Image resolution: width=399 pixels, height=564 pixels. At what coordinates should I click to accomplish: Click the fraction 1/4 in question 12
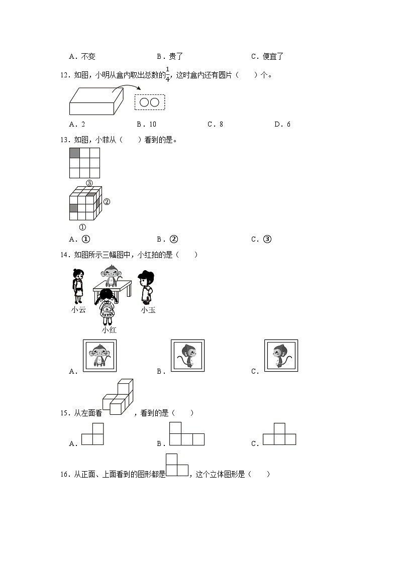point(167,74)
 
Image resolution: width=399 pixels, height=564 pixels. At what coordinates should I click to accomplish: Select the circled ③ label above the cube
point(89,183)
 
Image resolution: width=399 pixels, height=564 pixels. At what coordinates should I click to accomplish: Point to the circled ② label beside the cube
point(107,202)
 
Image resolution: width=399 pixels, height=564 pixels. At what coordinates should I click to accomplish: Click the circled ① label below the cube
point(82,227)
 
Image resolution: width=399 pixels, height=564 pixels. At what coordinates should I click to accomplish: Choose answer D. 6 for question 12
point(282,124)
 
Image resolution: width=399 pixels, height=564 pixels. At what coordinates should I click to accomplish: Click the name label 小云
point(79,310)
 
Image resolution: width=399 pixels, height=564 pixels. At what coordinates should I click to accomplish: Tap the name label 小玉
point(148,310)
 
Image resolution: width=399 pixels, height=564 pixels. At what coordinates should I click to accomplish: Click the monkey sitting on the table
point(110,275)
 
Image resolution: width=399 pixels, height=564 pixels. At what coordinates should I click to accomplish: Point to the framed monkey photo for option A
point(99,356)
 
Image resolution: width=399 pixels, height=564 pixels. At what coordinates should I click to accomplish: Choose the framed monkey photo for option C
point(281,356)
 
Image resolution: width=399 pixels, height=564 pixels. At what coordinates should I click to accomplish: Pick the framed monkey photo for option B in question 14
point(187,356)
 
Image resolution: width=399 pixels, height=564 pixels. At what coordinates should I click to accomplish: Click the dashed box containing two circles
point(150,102)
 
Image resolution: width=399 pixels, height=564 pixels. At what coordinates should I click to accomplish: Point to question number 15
point(64,413)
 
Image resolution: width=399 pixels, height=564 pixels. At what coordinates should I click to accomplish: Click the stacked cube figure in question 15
point(119,397)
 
